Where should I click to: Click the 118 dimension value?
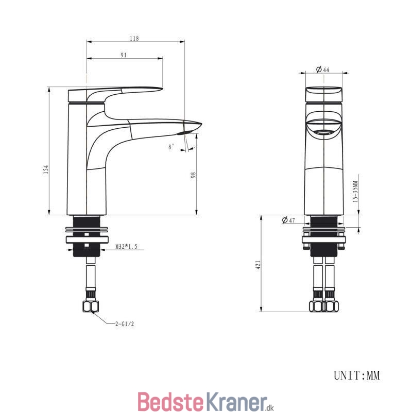coord(134,38)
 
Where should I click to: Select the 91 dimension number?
coord(124,55)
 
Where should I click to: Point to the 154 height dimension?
coord(46,170)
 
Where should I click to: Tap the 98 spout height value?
coord(193,175)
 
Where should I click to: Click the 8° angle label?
coord(171,147)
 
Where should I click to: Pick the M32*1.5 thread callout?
coord(126,247)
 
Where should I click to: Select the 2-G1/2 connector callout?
coord(125,324)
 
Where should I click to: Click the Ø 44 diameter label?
coord(322,70)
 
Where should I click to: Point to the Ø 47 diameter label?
coord(288,220)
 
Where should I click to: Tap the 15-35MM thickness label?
coord(355,191)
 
